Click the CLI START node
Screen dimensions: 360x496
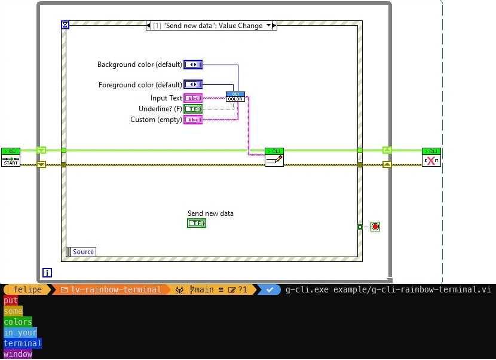(x=11, y=157)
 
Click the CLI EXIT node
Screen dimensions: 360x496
(x=431, y=157)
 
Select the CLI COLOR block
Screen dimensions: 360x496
(x=235, y=96)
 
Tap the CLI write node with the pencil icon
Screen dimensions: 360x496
(x=274, y=157)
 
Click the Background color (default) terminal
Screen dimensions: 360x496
(x=193, y=65)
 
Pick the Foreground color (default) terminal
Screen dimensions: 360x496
(x=193, y=84)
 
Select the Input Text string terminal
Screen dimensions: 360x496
(x=193, y=98)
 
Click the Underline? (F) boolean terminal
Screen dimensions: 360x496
(x=193, y=109)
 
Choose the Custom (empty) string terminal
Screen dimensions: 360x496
(x=193, y=120)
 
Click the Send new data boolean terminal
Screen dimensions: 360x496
(x=197, y=223)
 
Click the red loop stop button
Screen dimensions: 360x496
(x=375, y=227)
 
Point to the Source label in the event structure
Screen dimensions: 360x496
(x=83, y=252)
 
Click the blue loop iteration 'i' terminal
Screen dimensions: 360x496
(x=47, y=273)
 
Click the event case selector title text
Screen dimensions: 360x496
(x=207, y=26)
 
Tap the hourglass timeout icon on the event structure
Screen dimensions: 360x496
(x=65, y=25)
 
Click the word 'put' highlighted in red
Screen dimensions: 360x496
(x=11, y=300)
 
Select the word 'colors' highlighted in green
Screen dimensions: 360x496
(x=17, y=322)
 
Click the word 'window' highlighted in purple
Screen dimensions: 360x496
(x=18, y=354)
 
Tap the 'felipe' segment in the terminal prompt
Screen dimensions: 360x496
(x=27, y=289)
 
